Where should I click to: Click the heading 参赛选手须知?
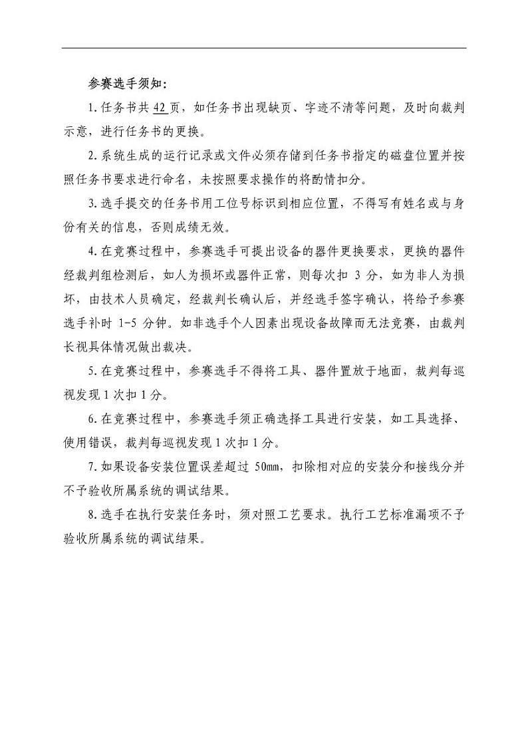click(124, 84)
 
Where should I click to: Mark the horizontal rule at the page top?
click(264, 48)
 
